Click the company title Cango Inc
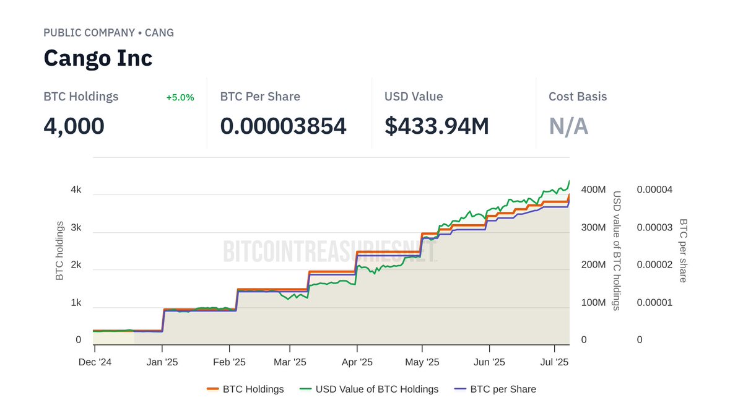coord(98,58)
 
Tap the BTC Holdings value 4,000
coord(74,126)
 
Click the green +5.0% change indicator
coord(180,97)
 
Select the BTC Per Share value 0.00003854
coord(283,126)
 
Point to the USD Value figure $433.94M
coord(437,126)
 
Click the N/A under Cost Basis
coord(568,126)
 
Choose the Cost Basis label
coord(577,97)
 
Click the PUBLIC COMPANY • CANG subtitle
coord(108,33)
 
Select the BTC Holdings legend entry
coord(245,389)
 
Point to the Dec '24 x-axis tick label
coord(95,362)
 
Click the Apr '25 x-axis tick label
coord(357,362)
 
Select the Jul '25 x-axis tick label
coord(555,362)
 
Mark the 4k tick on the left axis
coord(76,189)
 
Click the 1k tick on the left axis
coord(76,303)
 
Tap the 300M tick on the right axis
coord(593,227)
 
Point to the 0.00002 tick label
coord(654,265)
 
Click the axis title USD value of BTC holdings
coord(617,250)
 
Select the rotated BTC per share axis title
coord(683,250)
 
